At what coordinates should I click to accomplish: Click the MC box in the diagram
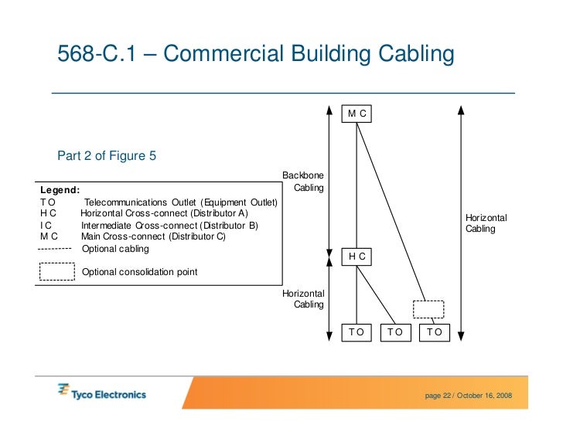coord(357,114)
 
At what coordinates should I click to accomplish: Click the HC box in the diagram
coord(357,256)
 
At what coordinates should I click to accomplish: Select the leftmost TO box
coord(357,332)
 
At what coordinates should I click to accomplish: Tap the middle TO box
coord(395,332)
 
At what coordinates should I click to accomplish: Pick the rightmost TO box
coord(434,332)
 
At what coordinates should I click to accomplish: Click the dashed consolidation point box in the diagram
coord(428,309)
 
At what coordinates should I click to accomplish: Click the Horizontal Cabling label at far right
coord(486,223)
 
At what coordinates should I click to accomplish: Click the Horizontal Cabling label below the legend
coord(303,299)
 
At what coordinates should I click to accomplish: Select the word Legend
coord(60,190)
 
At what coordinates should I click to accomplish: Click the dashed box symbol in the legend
coord(56,272)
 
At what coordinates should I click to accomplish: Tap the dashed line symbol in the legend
coord(55,249)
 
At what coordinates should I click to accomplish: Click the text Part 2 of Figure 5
coord(107,156)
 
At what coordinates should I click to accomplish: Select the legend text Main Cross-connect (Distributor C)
coord(153,237)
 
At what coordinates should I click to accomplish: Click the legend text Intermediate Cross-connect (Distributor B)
coord(169,226)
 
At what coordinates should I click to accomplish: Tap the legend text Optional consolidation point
coord(139,272)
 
